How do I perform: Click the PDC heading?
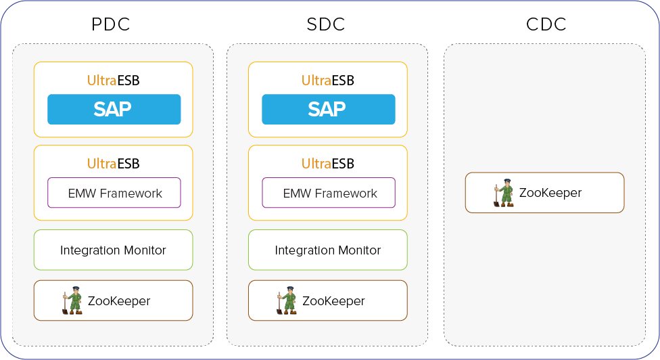[111, 24]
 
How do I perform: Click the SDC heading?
[326, 24]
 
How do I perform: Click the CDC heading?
[546, 24]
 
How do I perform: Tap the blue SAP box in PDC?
[114, 110]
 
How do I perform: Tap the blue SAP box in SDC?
[329, 110]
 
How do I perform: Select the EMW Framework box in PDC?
[114, 193]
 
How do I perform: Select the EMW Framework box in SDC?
[329, 193]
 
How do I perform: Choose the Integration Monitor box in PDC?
[113, 250]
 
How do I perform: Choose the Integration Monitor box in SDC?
[328, 250]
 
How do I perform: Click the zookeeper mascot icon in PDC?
[72, 300]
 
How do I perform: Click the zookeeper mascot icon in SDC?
[287, 300]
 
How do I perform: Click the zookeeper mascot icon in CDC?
[503, 193]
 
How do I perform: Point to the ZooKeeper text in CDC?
[550, 193]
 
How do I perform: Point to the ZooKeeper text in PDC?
[119, 301]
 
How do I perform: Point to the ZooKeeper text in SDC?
[333, 301]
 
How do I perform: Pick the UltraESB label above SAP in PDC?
[113, 81]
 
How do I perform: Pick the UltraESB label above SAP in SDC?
[328, 81]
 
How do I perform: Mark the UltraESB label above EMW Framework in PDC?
[113, 163]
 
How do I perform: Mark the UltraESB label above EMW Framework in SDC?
[328, 163]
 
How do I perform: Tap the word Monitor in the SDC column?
[360, 250]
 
